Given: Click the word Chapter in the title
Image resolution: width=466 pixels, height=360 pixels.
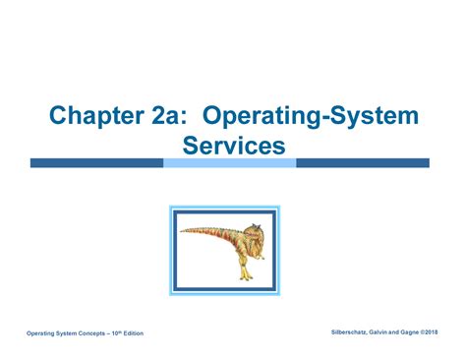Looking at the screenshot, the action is (x=96, y=116).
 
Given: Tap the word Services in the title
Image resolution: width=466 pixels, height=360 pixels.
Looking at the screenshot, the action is (x=234, y=146).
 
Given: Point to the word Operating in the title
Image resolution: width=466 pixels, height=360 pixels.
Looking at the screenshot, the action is (x=262, y=116).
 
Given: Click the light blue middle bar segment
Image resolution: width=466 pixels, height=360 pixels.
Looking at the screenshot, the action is (x=230, y=163).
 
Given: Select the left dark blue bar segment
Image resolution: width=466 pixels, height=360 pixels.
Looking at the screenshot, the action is (x=97, y=163).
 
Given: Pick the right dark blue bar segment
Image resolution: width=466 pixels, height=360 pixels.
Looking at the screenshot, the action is (x=363, y=163).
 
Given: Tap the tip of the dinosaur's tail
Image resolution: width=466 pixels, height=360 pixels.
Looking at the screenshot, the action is (x=181, y=231).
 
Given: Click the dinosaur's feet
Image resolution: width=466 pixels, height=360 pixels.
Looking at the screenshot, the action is (x=246, y=276).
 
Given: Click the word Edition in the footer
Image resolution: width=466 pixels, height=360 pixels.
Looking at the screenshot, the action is (x=134, y=333).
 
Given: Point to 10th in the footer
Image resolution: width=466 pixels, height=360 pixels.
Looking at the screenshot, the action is (x=117, y=333).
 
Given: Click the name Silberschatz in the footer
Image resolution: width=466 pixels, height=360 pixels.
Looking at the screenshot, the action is (x=349, y=332).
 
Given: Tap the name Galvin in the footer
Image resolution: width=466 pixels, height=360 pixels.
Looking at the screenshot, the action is (x=378, y=332).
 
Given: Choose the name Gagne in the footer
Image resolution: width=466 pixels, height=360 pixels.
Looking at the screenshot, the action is (x=410, y=332).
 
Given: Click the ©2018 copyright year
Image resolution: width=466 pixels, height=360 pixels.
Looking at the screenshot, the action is (x=429, y=332).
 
